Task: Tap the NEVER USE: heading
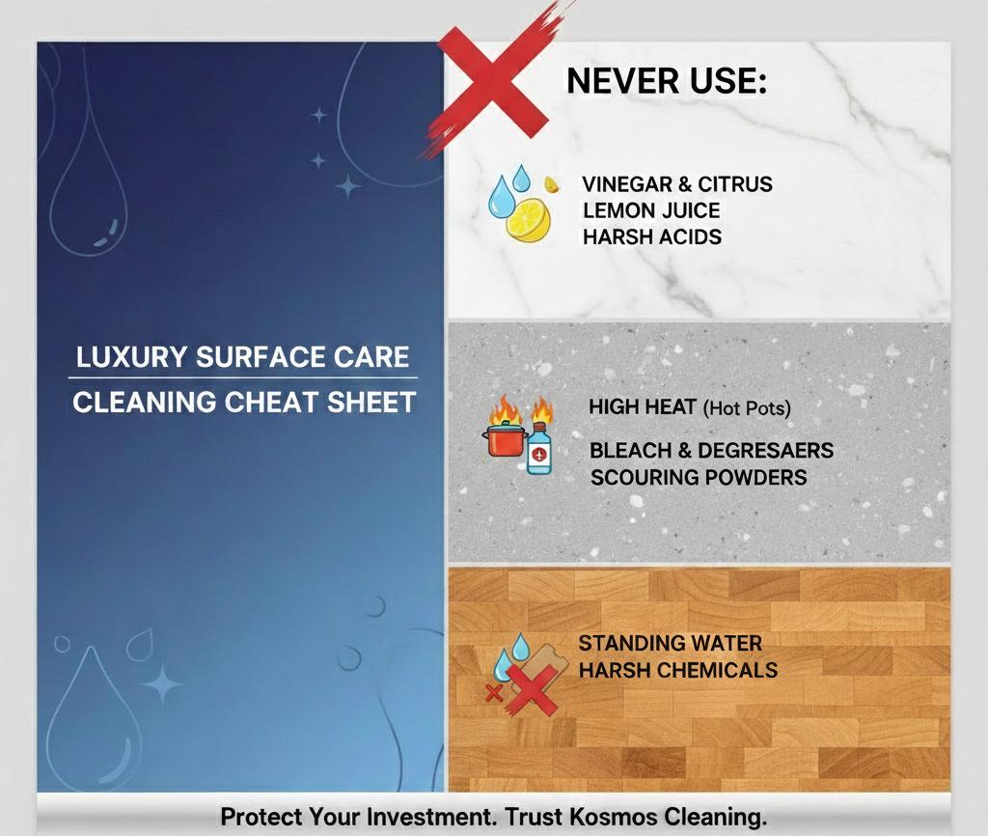click(x=666, y=81)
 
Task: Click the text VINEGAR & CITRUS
click(x=677, y=184)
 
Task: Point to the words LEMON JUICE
click(x=651, y=210)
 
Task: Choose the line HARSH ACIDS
click(x=652, y=237)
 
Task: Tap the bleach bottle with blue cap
click(x=538, y=449)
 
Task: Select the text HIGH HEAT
click(x=643, y=407)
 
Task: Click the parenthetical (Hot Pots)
click(x=747, y=408)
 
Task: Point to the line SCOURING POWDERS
click(x=699, y=477)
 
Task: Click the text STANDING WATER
click(x=671, y=643)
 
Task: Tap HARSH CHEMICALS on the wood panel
click(x=678, y=669)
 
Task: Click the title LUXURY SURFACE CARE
click(x=243, y=357)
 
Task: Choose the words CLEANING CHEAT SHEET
click(x=244, y=402)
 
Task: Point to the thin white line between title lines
click(x=244, y=378)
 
